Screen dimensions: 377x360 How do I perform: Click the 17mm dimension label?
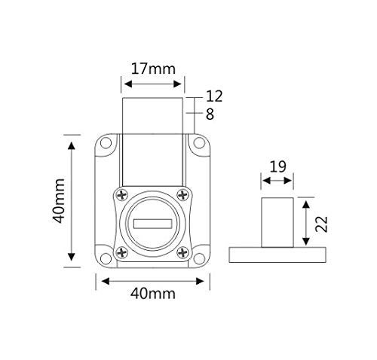tap(153, 69)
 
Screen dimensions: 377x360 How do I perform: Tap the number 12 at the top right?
tap(214, 96)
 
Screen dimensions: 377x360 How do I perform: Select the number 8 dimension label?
tap(210, 114)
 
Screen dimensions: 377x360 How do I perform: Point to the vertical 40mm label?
tap(59, 201)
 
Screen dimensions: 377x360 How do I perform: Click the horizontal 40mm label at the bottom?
tap(153, 293)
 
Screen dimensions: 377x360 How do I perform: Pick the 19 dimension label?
tap(277, 166)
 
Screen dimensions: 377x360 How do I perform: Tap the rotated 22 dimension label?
tap(322, 224)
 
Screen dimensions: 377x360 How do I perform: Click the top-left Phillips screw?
tap(122, 195)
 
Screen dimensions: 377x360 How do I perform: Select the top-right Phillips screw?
tap(182, 194)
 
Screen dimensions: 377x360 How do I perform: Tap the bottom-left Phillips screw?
tap(122, 252)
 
